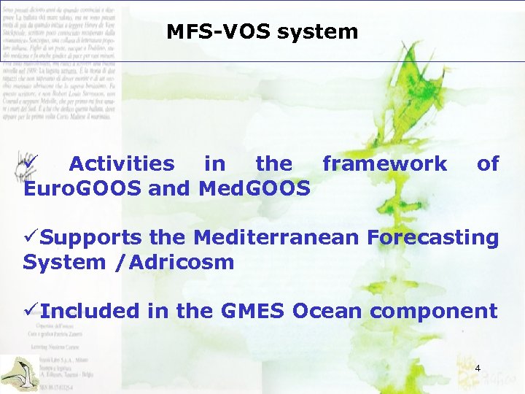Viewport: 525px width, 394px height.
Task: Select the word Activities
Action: [122, 163]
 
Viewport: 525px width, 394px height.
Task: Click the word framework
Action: [384, 163]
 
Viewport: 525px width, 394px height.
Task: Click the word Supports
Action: [91, 238]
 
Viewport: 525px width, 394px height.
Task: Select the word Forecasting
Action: [433, 238]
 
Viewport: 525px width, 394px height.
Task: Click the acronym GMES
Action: [251, 311]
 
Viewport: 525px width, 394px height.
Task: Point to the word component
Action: [433, 312]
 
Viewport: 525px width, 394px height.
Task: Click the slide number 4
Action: [477, 368]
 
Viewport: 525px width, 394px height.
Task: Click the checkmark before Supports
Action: [31, 238]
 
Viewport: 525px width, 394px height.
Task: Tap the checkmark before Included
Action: [31, 311]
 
